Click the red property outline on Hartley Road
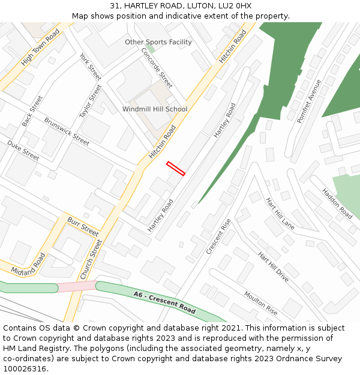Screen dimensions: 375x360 [x=176, y=168]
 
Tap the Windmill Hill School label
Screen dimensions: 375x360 [x=155, y=109]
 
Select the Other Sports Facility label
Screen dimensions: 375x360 [x=158, y=42]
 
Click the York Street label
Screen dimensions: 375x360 [x=91, y=67]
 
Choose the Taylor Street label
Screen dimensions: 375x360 [x=91, y=101]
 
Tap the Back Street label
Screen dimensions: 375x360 [x=32, y=111]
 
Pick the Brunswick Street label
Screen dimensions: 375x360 [x=67, y=131]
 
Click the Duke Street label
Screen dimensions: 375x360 [x=23, y=150]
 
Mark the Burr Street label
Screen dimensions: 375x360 [x=83, y=226]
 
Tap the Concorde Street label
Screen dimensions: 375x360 [x=157, y=68]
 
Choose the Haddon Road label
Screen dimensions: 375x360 [x=337, y=203]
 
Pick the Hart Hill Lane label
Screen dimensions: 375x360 [x=280, y=214]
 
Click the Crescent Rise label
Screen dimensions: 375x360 [x=218, y=236]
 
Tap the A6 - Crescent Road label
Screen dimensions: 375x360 [x=165, y=303]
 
